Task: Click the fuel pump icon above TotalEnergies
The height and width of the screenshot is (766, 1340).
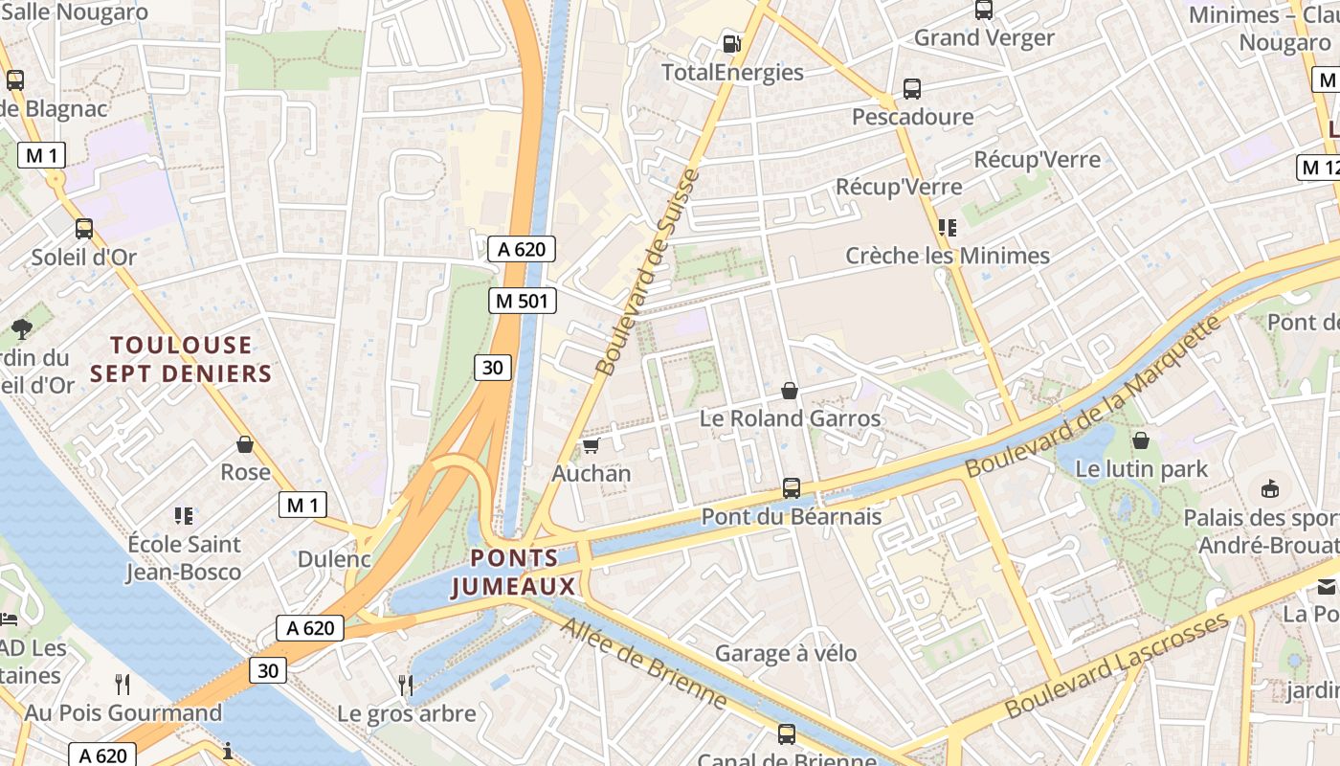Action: pos(731,43)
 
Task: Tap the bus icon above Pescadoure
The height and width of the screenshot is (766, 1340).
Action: pos(912,89)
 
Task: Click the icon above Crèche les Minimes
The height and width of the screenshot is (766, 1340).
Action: pos(948,227)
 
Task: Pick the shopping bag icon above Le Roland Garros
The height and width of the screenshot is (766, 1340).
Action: pos(790,391)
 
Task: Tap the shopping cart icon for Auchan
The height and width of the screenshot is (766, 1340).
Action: pos(591,446)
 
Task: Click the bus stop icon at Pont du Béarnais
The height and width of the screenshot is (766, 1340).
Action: pos(792,488)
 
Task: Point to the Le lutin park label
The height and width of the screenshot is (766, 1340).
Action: pos(1142,469)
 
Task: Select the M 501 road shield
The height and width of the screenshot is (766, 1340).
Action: pos(523,301)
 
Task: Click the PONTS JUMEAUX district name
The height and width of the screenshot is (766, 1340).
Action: pos(514,573)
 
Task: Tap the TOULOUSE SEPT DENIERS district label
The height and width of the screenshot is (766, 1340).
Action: pos(181,359)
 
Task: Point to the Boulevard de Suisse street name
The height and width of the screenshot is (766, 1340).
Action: pos(648,273)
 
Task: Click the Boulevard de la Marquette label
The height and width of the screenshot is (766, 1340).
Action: pos(1094,395)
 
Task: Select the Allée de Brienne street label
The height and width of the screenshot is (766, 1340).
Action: pos(643,664)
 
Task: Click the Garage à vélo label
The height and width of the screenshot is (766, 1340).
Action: pos(786,654)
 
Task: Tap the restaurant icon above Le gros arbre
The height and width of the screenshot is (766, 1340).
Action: pos(406,685)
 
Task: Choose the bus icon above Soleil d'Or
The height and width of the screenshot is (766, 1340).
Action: pos(84,229)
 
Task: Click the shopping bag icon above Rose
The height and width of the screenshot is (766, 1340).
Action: pos(245,444)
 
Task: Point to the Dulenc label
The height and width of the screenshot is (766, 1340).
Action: pos(334,559)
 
